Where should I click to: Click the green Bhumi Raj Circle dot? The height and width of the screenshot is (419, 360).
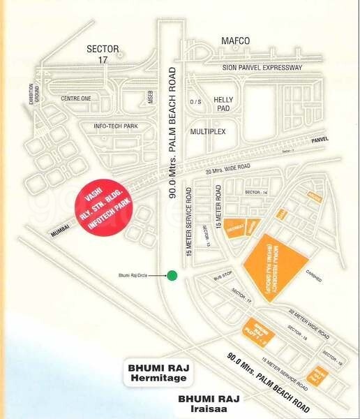pyautogui.click(x=172, y=275)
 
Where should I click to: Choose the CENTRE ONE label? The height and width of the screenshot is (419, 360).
pyautogui.click(x=76, y=98)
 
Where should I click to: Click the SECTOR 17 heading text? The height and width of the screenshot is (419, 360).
pyautogui.click(x=103, y=54)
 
